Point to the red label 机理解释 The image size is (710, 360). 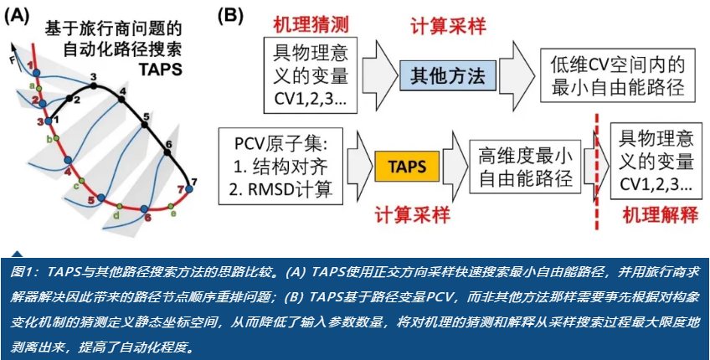click(657, 215)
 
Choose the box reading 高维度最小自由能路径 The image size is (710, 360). click(525, 166)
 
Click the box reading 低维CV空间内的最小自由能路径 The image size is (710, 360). click(618, 75)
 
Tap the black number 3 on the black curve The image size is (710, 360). click(94, 78)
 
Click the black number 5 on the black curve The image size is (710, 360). click(146, 116)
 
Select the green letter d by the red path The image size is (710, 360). click(116, 214)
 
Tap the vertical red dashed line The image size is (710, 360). click(596, 167)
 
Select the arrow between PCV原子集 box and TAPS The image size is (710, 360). click(353, 164)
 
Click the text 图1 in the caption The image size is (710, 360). click(26, 273)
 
